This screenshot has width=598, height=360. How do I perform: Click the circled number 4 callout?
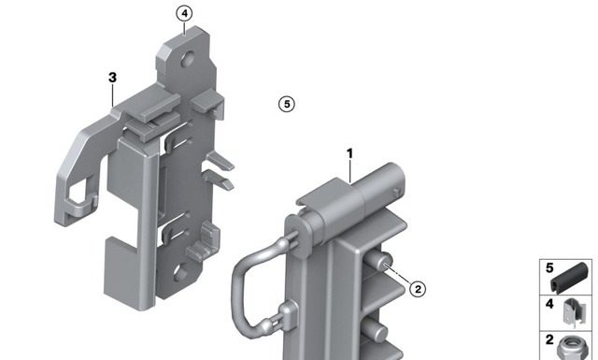click(x=185, y=14)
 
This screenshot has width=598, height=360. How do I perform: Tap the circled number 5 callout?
click(x=287, y=104)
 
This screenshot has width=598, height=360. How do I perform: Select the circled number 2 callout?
click(x=418, y=289)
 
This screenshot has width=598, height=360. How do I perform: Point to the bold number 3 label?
click(x=112, y=78)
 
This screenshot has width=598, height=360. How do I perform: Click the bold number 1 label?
click(x=349, y=154)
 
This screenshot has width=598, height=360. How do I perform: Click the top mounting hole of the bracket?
click(x=188, y=59)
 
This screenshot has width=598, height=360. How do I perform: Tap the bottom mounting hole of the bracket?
click(x=180, y=273)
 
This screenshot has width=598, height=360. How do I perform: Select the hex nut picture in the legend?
click(x=572, y=348)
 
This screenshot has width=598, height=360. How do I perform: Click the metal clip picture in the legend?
click(x=575, y=312)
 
